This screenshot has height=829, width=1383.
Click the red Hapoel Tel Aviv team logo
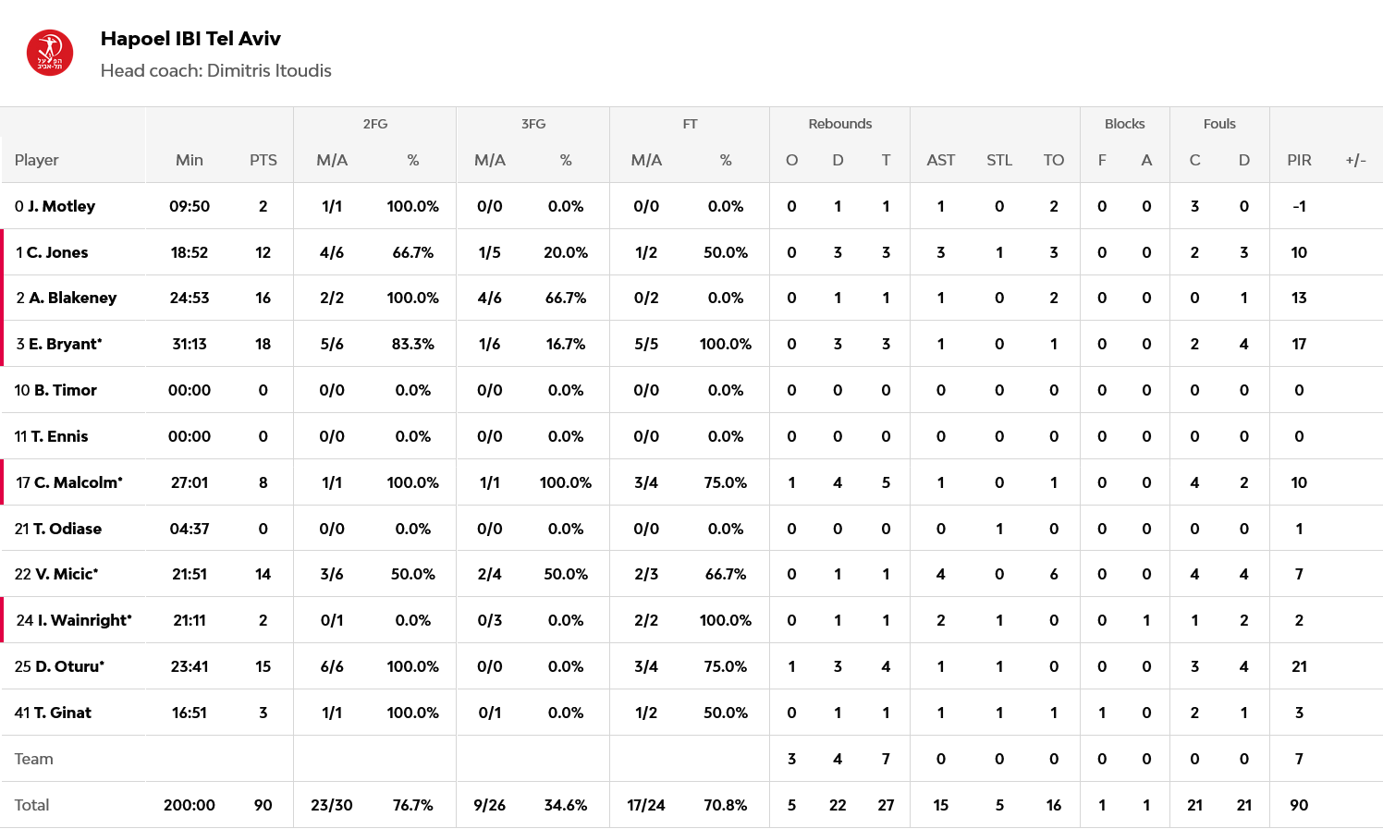pos(50,54)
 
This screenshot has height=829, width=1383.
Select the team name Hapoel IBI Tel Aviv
pos(190,39)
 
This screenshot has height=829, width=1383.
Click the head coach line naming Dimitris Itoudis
pos(215,71)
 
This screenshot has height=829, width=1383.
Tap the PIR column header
pos(1299,160)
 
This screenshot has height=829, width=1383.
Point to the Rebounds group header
pos(839,124)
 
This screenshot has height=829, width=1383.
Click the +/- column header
pos(1355,160)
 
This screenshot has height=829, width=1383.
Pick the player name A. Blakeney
pos(72,298)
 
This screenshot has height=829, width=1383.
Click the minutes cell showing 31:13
pos(190,344)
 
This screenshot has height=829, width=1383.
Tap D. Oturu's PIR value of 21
pos(1299,666)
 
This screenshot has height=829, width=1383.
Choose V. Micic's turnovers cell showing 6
pos(1053,574)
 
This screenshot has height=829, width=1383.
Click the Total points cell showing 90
pos(263,805)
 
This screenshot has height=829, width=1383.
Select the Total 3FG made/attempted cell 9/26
pos(489,805)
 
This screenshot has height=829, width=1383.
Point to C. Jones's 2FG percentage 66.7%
pos(412,252)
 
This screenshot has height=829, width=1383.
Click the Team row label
pos(34,759)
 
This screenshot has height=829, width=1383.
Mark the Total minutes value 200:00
pos(190,805)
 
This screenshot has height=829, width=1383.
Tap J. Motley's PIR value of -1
pos(1299,206)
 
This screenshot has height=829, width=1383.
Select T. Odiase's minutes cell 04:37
pos(190,529)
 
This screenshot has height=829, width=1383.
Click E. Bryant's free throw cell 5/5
pos(646,344)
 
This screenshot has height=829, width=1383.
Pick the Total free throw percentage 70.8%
pos(725,805)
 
